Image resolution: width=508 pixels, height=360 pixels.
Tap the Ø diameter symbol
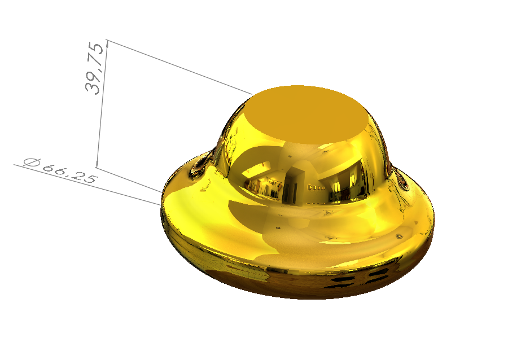(32, 163)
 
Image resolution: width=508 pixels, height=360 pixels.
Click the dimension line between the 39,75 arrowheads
(102, 107)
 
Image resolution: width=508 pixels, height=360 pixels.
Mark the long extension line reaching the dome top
(181, 67)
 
